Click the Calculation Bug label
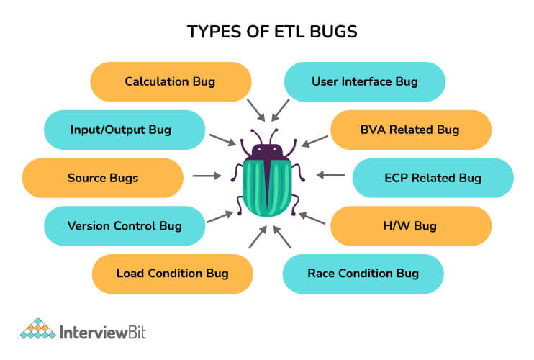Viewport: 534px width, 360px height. coord(171,82)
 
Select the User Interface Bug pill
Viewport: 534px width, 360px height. coord(365,82)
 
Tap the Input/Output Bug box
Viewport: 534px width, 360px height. coord(125,130)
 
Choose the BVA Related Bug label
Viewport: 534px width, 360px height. coord(411,130)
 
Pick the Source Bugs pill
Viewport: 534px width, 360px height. coord(103,178)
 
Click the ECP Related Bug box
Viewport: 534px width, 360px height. coord(433,178)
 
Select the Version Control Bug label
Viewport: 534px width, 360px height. coord(125,226)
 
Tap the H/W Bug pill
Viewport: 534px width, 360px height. coord(411,226)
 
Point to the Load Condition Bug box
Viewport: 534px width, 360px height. coord(173,274)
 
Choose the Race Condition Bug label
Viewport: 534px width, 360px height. coord(363,274)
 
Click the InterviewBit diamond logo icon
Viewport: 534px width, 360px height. coord(38,328)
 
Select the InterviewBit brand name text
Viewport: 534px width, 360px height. coord(103,332)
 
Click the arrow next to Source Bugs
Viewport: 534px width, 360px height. coord(207,176)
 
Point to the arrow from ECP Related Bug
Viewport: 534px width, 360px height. coord(330,175)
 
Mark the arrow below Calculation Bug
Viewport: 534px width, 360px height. coord(255,110)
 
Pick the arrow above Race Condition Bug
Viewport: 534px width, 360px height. coord(282,237)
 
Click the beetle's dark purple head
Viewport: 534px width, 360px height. coord(267,152)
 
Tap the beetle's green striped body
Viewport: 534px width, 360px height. coord(267,188)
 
